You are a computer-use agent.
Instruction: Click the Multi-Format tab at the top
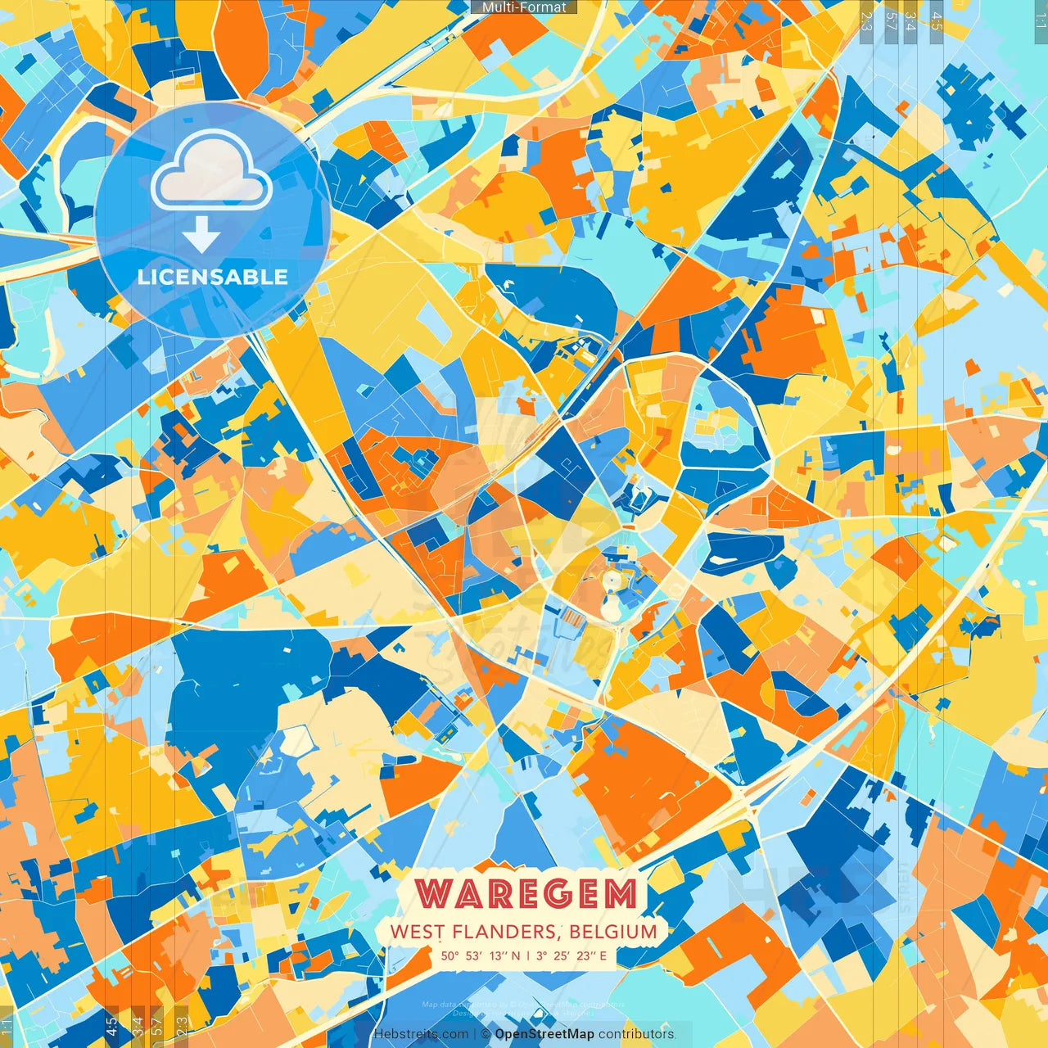point(524,7)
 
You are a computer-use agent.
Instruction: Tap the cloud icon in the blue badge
point(212,170)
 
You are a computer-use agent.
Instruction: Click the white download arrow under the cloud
point(201,236)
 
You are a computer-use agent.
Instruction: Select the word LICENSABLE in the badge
point(213,277)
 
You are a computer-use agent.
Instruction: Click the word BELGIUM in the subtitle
point(613,932)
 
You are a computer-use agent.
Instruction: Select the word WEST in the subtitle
point(417,932)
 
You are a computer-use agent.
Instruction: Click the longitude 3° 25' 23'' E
point(571,955)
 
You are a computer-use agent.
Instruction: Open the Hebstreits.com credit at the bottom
point(421,1034)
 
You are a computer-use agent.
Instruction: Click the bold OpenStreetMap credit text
point(544,1034)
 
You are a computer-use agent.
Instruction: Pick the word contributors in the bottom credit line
point(636,1034)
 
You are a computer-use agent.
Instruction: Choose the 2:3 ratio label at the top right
point(866,20)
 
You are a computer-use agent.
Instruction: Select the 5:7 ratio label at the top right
point(891,20)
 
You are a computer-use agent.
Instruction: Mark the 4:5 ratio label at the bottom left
point(111,1025)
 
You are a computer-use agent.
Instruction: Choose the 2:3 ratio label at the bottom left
point(182,1025)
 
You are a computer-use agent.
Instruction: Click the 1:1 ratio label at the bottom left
point(7,1027)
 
